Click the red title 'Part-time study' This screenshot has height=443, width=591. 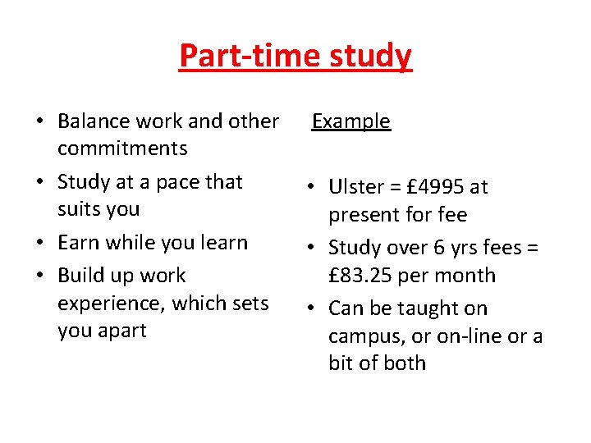[295, 56]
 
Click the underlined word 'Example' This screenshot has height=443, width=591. [351, 121]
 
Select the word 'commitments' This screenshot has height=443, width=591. [122, 148]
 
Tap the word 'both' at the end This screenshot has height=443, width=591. [406, 363]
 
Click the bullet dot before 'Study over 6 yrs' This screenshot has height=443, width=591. [314, 248]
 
